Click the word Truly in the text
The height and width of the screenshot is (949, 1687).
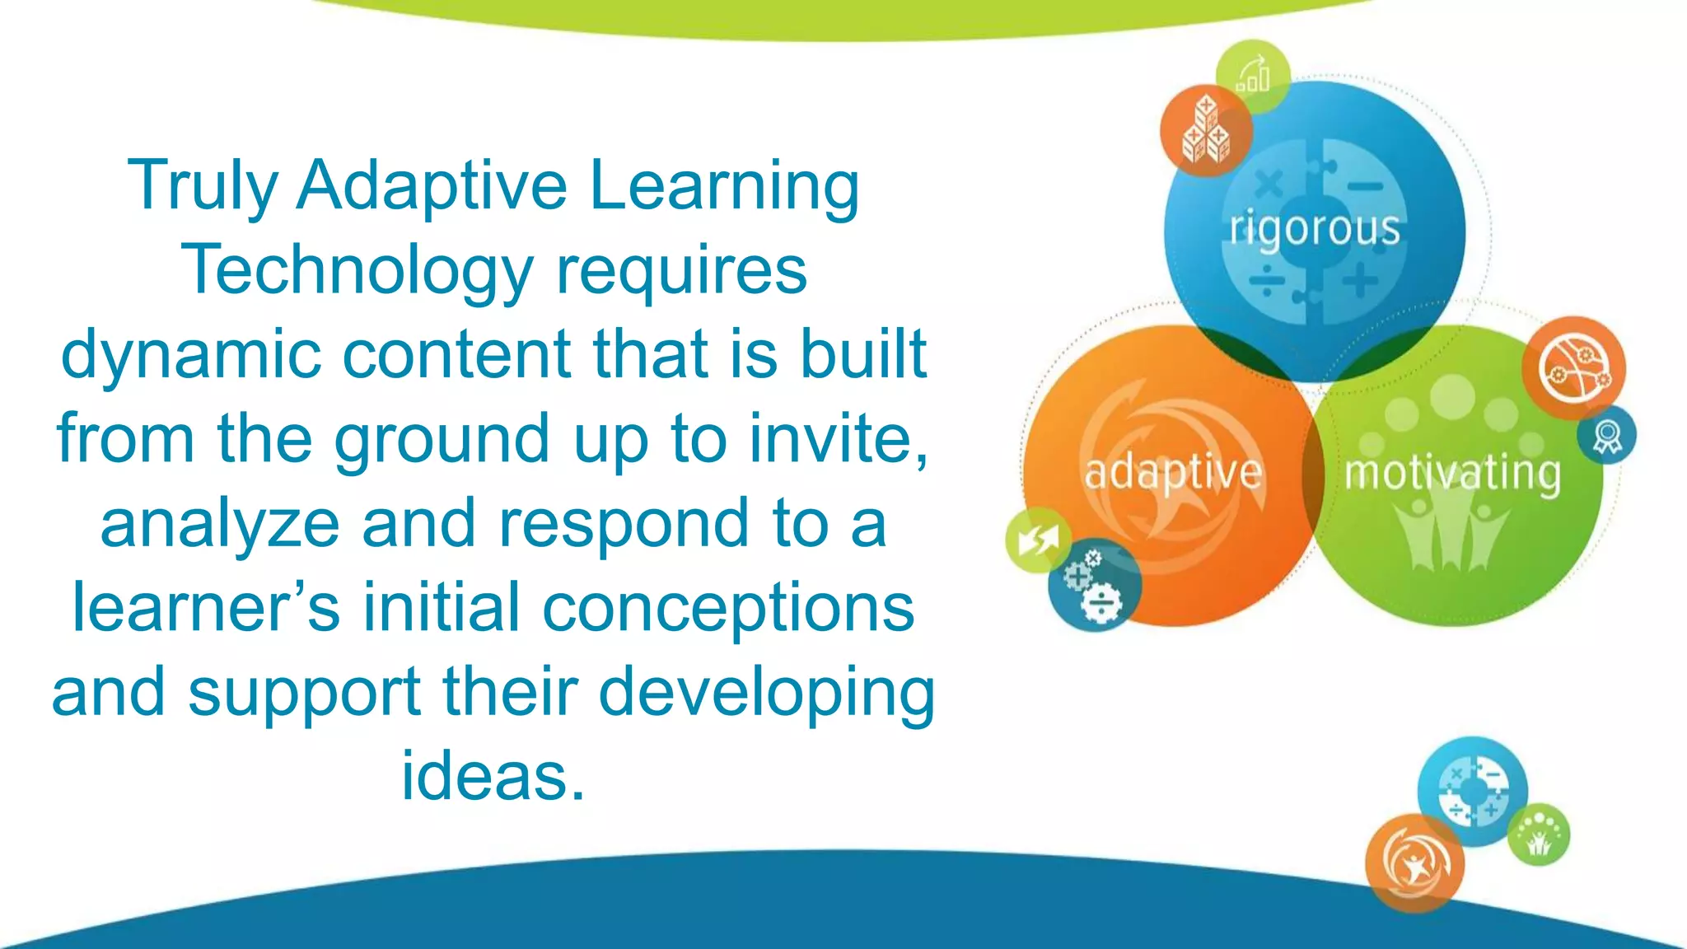[x=203, y=187]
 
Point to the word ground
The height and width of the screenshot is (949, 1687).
[x=441, y=440]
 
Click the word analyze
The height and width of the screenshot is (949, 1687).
[x=219, y=525]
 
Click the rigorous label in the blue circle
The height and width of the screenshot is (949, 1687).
[x=1315, y=229]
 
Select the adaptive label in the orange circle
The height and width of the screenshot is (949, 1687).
[x=1172, y=473]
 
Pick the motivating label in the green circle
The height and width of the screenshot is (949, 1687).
[x=1452, y=473]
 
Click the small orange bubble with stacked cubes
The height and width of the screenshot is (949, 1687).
[x=1206, y=131]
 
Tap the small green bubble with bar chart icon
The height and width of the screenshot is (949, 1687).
[x=1253, y=77]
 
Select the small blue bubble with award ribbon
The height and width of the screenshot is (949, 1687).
[x=1606, y=435]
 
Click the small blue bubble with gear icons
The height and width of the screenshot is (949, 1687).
[x=1095, y=586]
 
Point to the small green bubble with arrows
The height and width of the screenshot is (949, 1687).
[x=1038, y=540]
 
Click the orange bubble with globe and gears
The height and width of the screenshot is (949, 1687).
[x=1573, y=367]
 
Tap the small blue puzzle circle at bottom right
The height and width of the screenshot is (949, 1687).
[x=1473, y=791]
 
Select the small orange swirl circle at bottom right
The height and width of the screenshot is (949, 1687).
[x=1414, y=863]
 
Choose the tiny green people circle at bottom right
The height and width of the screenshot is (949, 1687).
[x=1539, y=835]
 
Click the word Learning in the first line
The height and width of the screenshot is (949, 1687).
[x=725, y=187]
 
